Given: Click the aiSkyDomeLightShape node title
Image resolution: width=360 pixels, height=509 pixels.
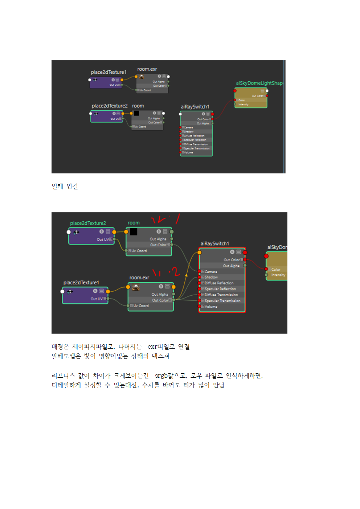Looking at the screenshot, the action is tap(259, 83).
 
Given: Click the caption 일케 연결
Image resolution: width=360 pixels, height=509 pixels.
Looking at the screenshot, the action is tap(65, 186).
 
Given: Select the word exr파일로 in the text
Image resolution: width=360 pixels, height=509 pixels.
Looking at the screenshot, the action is tap(161, 347).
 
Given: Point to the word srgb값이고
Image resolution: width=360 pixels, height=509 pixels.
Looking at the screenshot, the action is tap(171, 376).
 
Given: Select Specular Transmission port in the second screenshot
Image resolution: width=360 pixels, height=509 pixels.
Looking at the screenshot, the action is tap(222, 301).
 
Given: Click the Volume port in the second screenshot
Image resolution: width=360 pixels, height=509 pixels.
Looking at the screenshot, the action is tap(211, 307).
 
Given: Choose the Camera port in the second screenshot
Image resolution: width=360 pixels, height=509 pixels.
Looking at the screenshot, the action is tap(210, 272).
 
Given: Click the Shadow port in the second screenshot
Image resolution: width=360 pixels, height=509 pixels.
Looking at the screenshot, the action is tap(211, 277).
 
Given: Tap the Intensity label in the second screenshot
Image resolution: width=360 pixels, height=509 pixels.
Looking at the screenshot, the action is tap(278, 275).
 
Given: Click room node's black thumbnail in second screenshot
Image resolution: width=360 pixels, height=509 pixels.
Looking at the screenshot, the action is tap(134, 231).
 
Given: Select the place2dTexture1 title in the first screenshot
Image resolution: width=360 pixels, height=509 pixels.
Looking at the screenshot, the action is tap(109, 72).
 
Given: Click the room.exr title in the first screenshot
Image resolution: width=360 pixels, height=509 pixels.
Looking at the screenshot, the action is tap(147, 69).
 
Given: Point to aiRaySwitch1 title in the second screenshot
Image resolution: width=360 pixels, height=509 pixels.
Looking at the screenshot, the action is tap(215, 243).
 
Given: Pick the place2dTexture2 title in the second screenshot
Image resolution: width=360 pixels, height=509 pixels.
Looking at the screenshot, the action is tap(88, 223).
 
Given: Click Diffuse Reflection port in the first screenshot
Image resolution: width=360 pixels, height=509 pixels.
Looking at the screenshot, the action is tap(194, 136).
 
